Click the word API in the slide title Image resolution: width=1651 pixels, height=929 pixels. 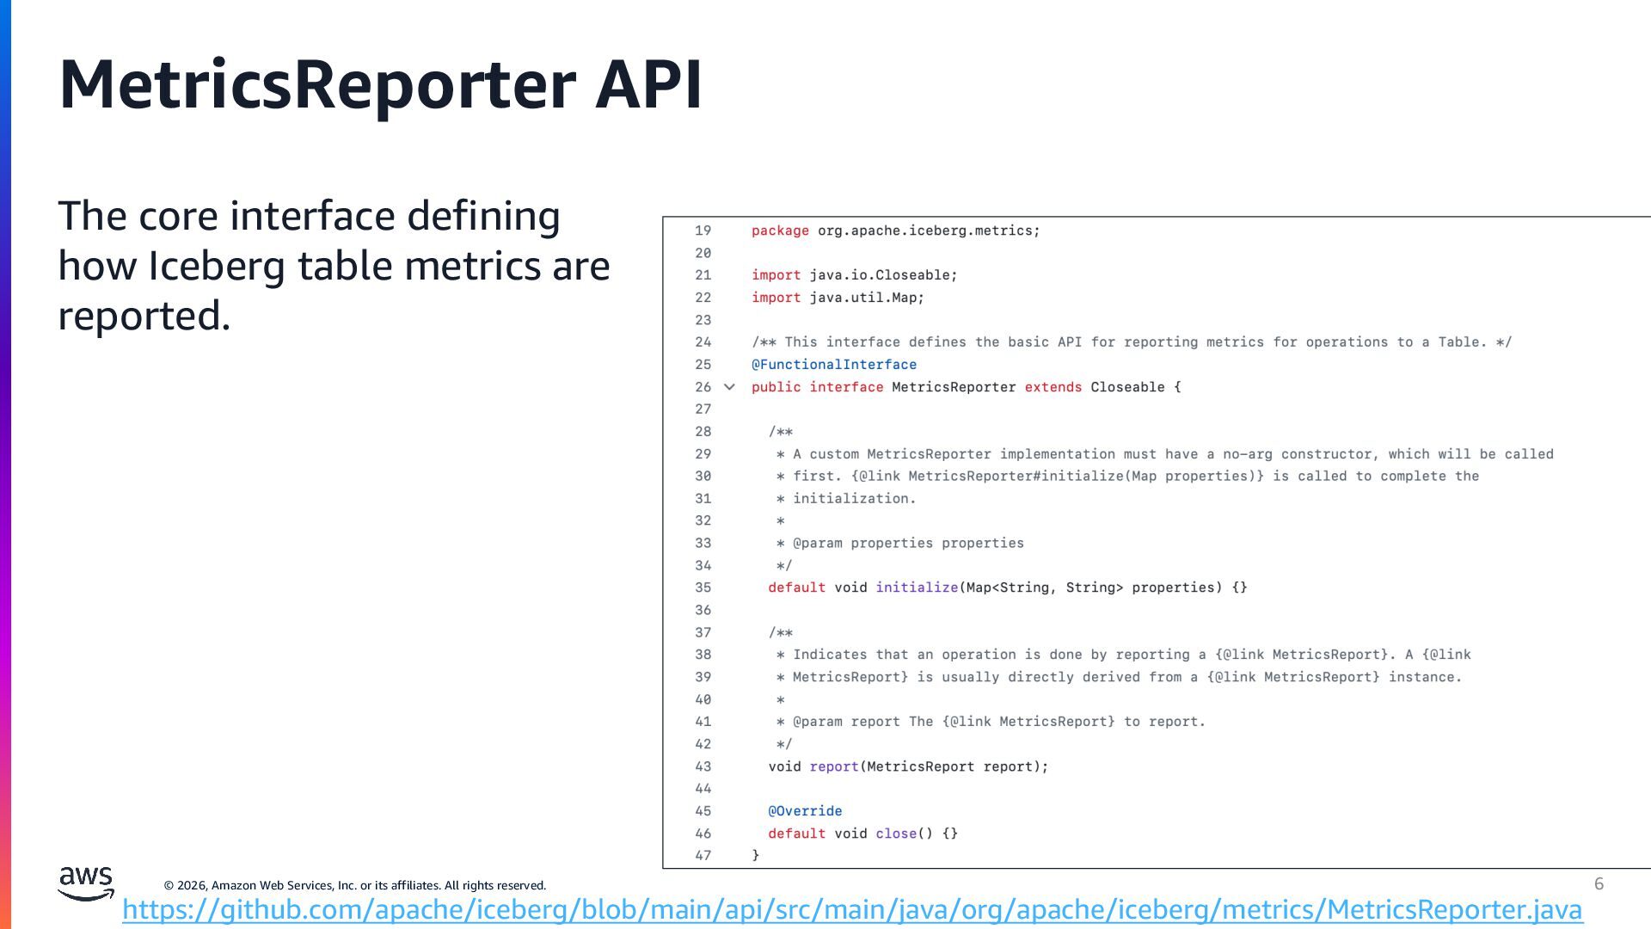click(648, 84)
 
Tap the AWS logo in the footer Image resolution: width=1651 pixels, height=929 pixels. click(85, 883)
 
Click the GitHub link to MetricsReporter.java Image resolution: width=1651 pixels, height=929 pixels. click(851, 909)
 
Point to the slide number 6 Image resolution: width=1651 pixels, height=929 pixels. click(1599, 883)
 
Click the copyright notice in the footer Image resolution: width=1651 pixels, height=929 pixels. click(354, 885)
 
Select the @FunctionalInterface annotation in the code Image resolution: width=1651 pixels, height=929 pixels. click(833, 365)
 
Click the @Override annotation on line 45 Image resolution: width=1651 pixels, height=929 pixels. click(805, 811)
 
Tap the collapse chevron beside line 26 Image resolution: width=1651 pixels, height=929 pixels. click(729, 387)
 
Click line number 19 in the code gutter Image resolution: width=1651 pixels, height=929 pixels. click(703, 231)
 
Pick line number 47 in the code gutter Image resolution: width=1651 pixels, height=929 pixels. click(703, 856)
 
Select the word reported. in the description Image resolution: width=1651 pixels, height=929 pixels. click(144, 316)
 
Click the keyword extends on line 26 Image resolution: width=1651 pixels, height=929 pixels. click(1053, 387)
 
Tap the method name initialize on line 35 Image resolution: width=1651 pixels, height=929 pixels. click(917, 588)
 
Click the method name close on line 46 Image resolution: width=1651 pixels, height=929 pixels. click(896, 834)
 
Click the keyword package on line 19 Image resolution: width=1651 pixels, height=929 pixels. click(780, 231)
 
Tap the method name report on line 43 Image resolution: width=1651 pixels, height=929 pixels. click(834, 766)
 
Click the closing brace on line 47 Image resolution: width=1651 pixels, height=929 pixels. click(756, 855)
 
